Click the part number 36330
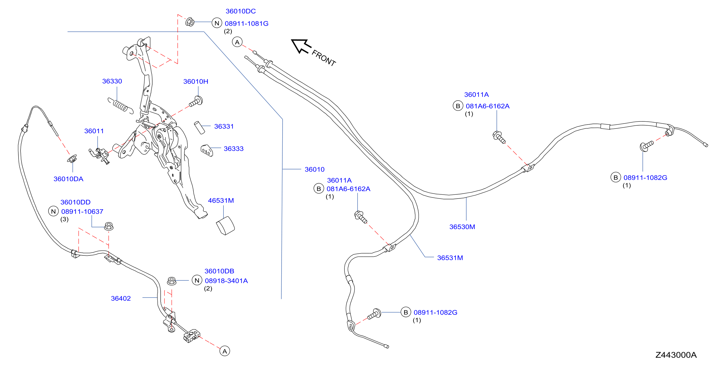tap(112, 81)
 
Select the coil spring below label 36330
tap(120, 106)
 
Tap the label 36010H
tap(195, 81)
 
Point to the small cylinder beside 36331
tap(199, 128)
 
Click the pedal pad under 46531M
tap(225, 225)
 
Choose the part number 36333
tap(233, 148)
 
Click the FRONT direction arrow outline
tap(301, 46)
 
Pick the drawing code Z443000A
tap(676, 355)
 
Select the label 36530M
tap(462, 227)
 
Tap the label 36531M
tap(450, 258)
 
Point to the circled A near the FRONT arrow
tap(237, 42)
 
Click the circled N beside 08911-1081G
tap(217, 23)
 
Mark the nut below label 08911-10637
tap(109, 226)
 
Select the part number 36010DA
tap(68, 179)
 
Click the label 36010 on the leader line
tap(315, 169)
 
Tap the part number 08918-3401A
tap(226, 280)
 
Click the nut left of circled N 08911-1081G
tap(190, 22)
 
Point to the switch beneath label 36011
tap(99, 155)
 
